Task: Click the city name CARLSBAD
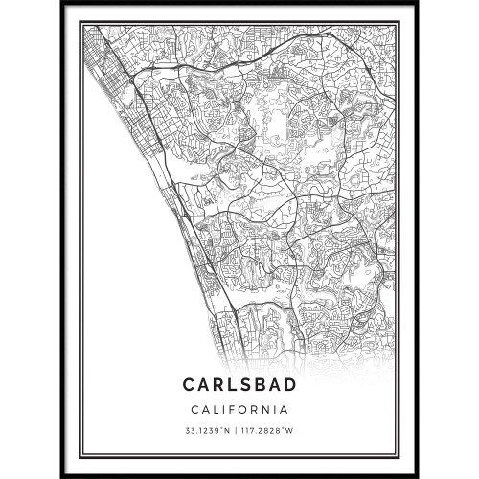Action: tap(239, 384)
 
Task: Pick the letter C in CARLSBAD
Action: tap(188, 384)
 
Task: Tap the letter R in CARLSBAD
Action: tap(217, 384)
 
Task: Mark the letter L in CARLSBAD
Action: tap(232, 384)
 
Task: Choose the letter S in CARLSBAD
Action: tap(246, 384)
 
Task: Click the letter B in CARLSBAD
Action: tap(262, 384)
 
